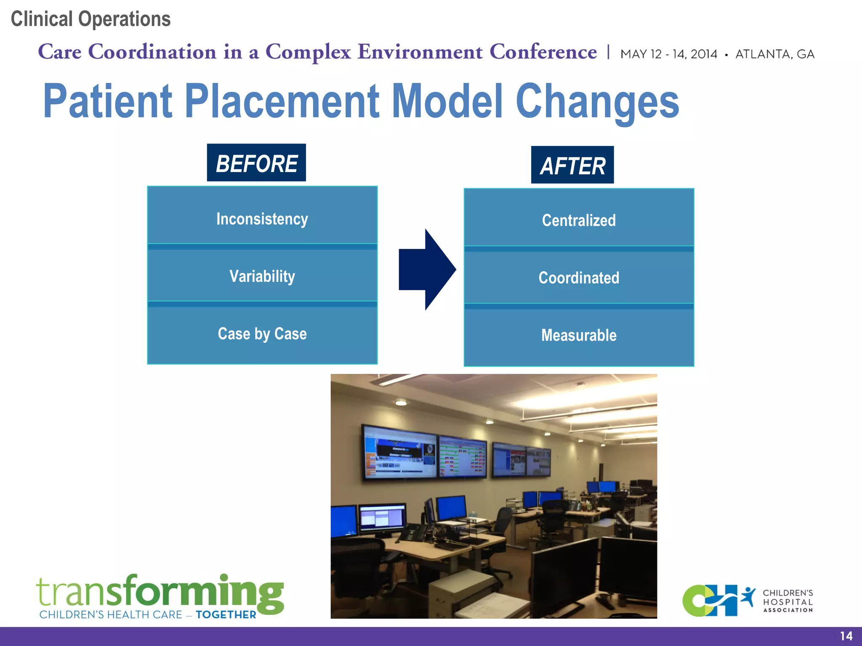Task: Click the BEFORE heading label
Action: click(256, 163)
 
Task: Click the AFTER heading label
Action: click(572, 165)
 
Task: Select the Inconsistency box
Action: click(262, 219)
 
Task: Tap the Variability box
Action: click(262, 276)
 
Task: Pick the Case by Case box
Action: click(262, 334)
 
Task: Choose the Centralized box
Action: click(579, 220)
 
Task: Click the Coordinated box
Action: click(579, 278)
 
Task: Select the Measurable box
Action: click(579, 336)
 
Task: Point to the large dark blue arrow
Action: click(427, 270)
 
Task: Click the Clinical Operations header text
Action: click(90, 19)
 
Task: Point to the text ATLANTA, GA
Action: click(775, 54)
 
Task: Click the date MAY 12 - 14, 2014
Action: click(669, 54)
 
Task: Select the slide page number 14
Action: click(846, 636)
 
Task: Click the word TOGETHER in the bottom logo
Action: click(226, 615)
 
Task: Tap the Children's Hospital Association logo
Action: click(747, 601)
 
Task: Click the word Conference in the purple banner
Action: click(543, 52)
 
